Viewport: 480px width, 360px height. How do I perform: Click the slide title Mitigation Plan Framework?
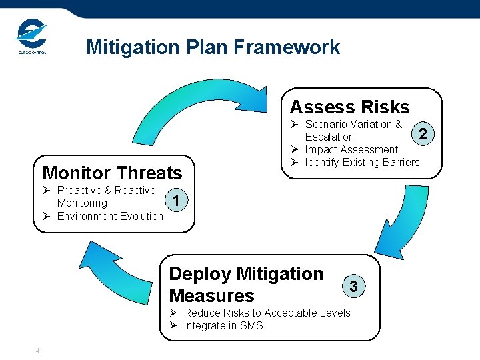tap(213, 47)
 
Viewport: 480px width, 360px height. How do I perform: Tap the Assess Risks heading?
tap(349, 107)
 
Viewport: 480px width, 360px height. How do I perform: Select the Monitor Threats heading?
tap(112, 173)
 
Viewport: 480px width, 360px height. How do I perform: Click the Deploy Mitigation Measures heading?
tap(246, 285)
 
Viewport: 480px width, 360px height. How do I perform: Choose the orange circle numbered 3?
tap(354, 287)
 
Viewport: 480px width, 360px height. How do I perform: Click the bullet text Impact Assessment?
tap(351, 149)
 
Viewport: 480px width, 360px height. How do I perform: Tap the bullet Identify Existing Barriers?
tap(362, 162)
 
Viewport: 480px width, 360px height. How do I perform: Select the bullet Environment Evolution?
tap(110, 216)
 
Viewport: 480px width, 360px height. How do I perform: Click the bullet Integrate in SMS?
tap(223, 325)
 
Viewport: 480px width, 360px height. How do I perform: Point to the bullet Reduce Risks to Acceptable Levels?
tap(267, 313)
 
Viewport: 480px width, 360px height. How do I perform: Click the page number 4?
tap(38, 351)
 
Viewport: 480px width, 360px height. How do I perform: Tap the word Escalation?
tap(329, 137)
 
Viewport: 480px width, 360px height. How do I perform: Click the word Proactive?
tap(79, 190)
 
